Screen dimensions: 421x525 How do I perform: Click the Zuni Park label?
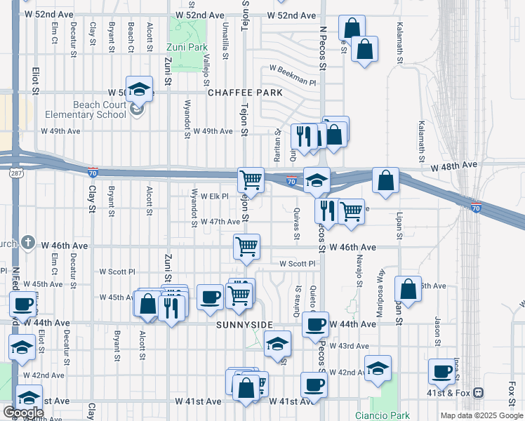(187, 48)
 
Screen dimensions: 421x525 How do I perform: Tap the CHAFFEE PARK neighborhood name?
(245, 93)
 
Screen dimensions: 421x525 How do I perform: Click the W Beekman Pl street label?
(293, 69)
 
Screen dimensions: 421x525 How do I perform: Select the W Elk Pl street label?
(215, 196)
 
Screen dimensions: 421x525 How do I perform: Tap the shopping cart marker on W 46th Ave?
(246, 247)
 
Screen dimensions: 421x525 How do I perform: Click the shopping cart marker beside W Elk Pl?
(251, 180)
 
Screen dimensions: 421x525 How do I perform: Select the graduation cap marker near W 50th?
(140, 89)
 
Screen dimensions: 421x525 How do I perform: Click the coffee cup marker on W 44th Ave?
(315, 325)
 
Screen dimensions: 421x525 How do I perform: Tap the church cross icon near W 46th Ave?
(27, 243)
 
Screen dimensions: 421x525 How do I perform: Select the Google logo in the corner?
(23, 413)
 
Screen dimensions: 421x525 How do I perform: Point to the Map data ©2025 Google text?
(481, 415)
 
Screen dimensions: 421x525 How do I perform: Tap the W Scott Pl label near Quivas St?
(298, 264)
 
